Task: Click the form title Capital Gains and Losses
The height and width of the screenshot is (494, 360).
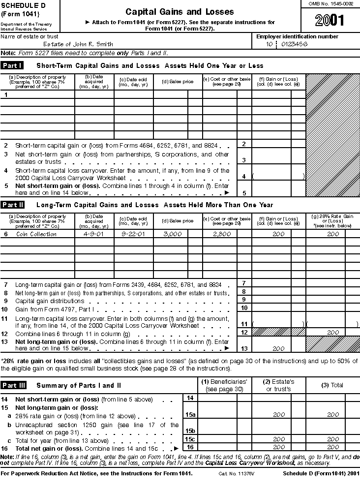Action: [x=180, y=11]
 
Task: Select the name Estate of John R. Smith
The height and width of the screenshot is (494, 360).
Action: [x=78, y=44]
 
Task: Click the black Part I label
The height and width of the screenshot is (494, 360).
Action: [x=13, y=65]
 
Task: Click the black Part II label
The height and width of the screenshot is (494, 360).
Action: [x=14, y=205]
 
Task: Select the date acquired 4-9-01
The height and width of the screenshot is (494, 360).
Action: [x=94, y=234]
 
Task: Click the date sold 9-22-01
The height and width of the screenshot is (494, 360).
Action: [x=134, y=234]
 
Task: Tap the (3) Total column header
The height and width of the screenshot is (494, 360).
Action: [x=332, y=385]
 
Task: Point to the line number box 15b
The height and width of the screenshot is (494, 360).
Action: [x=190, y=431]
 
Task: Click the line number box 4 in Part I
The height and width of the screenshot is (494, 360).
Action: [x=243, y=176]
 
